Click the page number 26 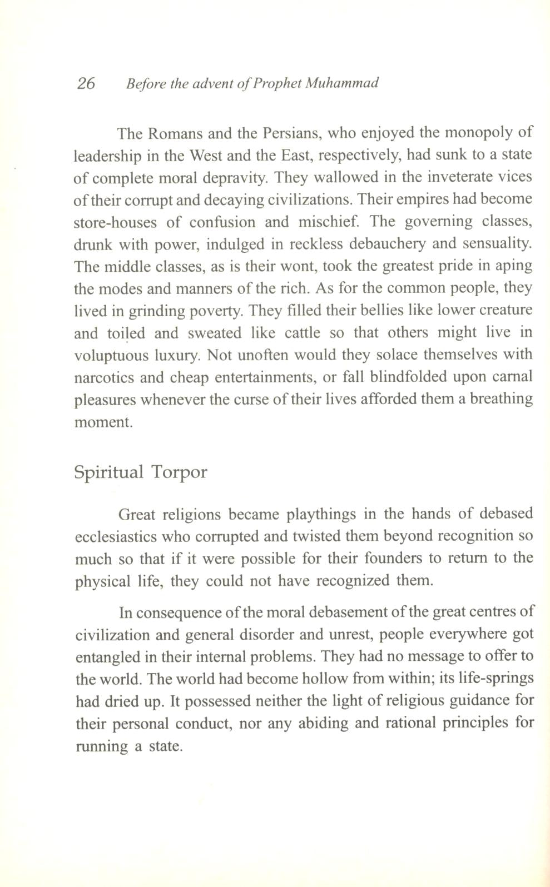click(86, 83)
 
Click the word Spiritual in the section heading click(108, 473)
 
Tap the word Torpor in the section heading click(180, 473)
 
